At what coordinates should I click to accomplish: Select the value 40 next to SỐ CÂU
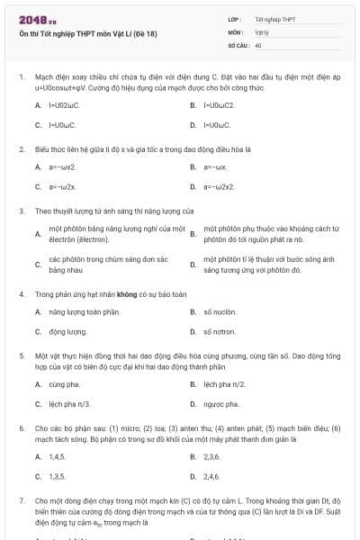pos(258,44)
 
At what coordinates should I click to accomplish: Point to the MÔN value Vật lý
pos(262,31)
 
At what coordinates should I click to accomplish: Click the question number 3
pos(21,211)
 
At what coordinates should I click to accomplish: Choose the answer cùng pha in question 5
pos(64,383)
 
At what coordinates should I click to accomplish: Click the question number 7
pos(21,500)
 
